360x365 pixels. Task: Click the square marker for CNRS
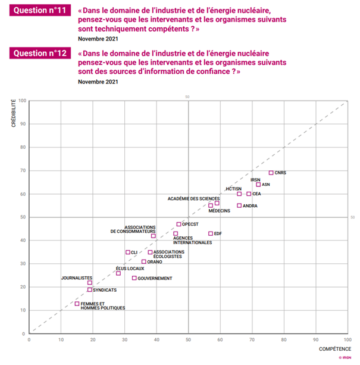(x=271, y=173)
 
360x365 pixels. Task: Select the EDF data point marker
(x=211, y=233)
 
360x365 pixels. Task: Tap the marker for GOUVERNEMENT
(x=134, y=278)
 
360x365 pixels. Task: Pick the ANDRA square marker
(x=239, y=205)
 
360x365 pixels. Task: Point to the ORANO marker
(x=143, y=261)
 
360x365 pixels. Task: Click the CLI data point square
(x=128, y=252)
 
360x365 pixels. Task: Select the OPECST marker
(x=179, y=224)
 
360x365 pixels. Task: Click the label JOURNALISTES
(x=77, y=277)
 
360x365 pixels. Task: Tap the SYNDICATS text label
(x=105, y=290)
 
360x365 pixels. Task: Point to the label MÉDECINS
(x=220, y=211)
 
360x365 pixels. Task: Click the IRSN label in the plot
(x=255, y=179)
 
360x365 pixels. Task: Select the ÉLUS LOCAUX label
(x=130, y=269)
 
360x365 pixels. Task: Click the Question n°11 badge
(x=41, y=11)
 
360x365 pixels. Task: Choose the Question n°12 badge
(x=41, y=54)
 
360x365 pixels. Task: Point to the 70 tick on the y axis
(x=23, y=171)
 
